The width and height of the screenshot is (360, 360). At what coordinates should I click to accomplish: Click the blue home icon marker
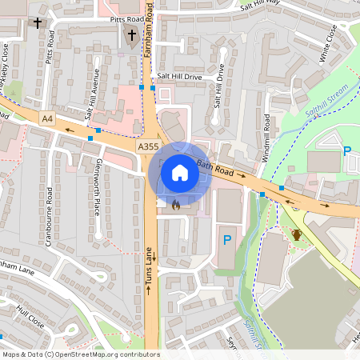coord(180,172)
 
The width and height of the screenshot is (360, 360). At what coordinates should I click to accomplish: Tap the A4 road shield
coord(48,119)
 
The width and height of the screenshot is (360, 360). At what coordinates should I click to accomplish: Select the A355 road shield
coord(147,147)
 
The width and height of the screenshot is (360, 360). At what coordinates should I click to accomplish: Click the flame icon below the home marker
coord(175,204)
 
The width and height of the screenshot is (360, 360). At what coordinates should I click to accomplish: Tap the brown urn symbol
coord(297,234)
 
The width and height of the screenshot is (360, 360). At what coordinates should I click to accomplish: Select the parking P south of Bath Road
coord(226,239)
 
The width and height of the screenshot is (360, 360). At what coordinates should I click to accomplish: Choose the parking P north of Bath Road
coord(346,151)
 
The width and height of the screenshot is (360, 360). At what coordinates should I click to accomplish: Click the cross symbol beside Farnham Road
coord(133,34)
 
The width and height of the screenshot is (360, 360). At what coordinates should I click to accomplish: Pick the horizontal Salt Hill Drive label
coord(179,76)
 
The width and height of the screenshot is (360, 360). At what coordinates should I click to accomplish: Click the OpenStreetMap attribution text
coord(81,354)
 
